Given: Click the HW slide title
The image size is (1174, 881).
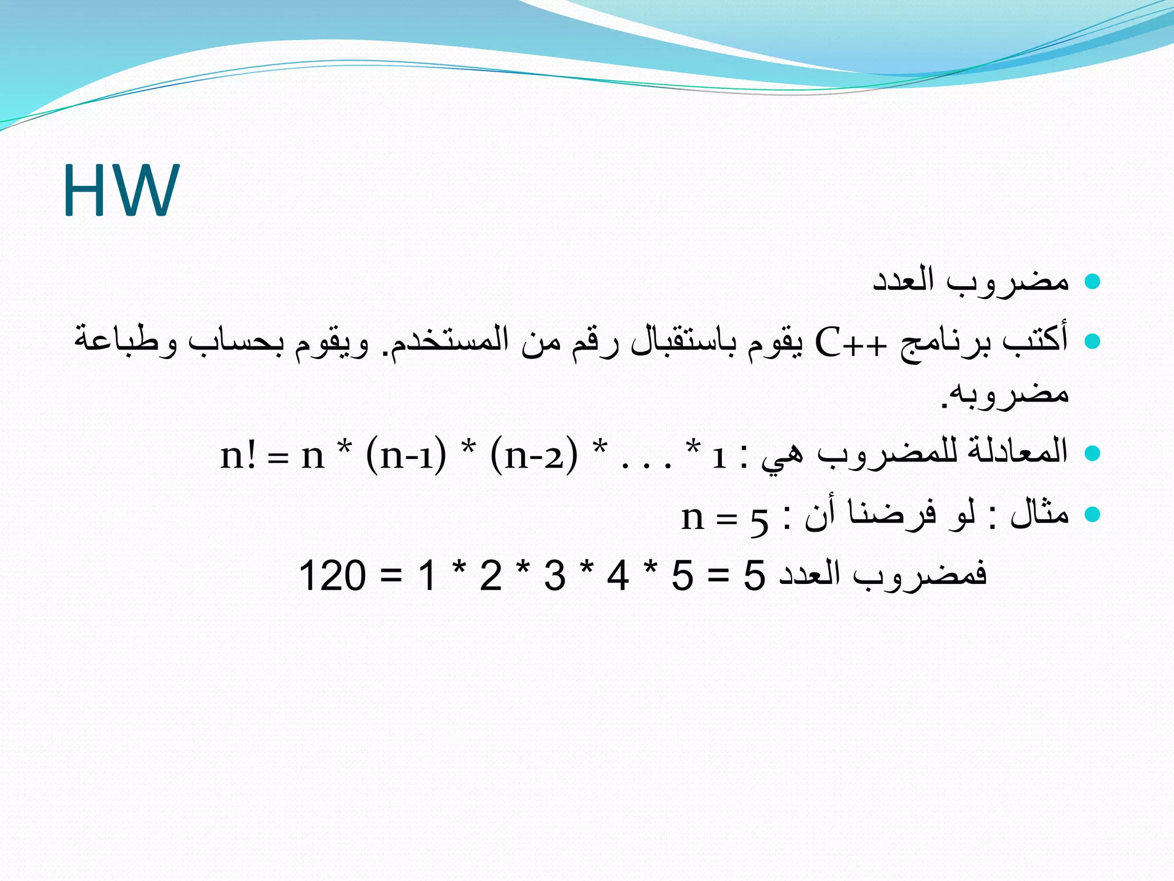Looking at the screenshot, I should click(x=121, y=190).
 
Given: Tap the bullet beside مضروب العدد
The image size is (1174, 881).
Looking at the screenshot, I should click(x=1093, y=282).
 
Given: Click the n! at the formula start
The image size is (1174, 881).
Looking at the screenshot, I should click(x=238, y=456).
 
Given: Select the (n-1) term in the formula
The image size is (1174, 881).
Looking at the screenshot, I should click(x=405, y=456).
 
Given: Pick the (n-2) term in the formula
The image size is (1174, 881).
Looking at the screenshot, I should click(x=534, y=456).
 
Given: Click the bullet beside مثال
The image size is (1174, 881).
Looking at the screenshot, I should click(x=1093, y=513).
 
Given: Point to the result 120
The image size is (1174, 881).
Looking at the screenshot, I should click(x=332, y=575).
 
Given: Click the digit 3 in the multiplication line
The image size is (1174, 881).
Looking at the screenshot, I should click(x=555, y=575).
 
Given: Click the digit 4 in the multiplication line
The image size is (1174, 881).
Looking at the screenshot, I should click(x=618, y=575).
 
